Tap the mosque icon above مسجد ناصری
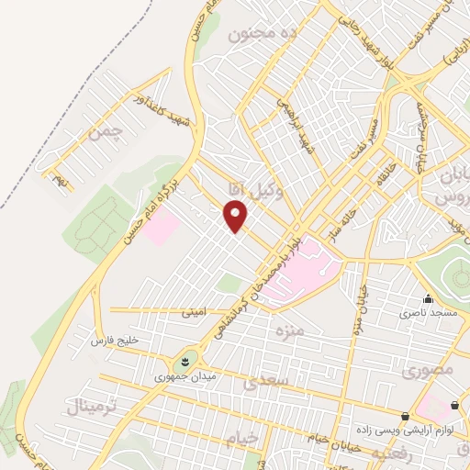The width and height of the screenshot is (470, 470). (x=427, y=298)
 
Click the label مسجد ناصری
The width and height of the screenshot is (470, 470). (x=427, y=313)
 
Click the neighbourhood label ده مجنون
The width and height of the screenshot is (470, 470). (x=263, y=35)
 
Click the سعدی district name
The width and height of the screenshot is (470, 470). (x=270, y=378)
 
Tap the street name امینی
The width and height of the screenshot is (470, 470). (x=195, y=312)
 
